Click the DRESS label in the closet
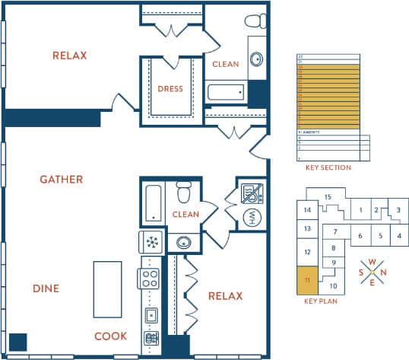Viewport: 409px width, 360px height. coord(170,89)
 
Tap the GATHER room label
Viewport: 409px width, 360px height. coord(62,180)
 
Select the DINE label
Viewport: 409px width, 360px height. coord(46,288)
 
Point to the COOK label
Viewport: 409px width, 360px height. coord(111,336)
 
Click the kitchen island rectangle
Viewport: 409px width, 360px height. coord(107,289)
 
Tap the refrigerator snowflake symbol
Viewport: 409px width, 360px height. coord(151,243)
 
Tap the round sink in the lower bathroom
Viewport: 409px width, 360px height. coord(182,243)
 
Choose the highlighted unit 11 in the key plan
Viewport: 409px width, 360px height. coord(307,280)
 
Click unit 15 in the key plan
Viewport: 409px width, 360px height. coord(328,197)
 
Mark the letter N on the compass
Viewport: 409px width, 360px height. coord(383,272)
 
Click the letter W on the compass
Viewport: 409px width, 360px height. coord(372,262)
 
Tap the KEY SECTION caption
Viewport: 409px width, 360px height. coord(328,167)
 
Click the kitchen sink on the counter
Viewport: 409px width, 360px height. coord(151,314)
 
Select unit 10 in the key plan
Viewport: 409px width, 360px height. coord(332,286)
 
